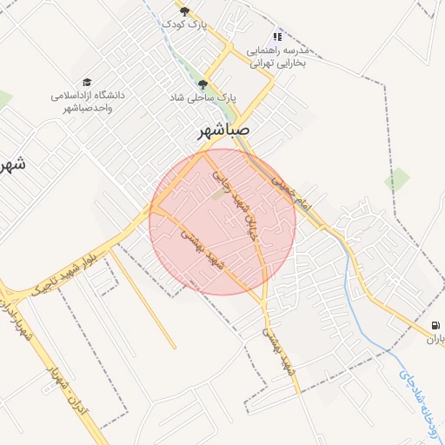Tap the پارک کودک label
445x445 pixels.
tap(183, 23)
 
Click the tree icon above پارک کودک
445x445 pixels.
tap(183, 10)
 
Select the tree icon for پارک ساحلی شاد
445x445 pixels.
tap(203, 84)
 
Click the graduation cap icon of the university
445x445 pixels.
tap(87, 82)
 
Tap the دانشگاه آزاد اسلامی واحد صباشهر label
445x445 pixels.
tap(87, 101)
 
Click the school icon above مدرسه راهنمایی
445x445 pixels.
tap(277, 37)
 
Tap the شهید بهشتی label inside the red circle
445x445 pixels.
tap(207, 251)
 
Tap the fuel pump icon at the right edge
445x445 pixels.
tap(435, 325)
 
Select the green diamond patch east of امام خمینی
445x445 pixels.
tap(397, 180)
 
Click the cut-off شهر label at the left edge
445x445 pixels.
tap(12, 163)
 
